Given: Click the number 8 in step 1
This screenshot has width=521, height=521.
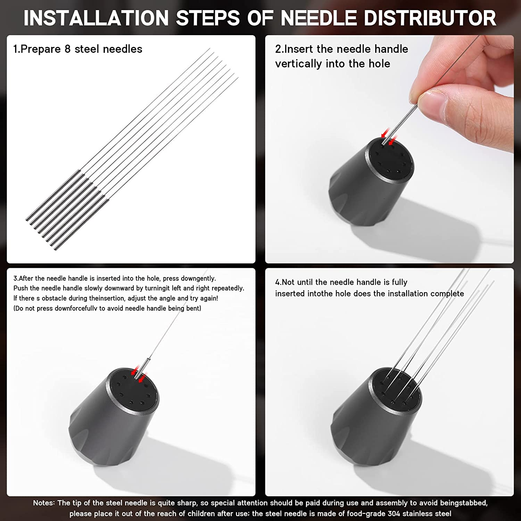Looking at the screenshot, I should (67, 49).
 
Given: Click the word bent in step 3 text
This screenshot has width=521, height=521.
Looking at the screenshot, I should (193, 308).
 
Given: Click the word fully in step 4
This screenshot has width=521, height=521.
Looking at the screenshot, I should (399, 282).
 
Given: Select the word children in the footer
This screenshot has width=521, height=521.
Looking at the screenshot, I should (201, 514).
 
